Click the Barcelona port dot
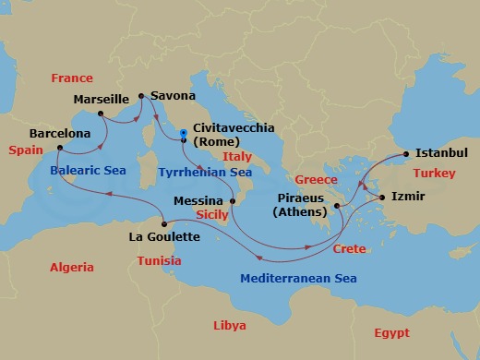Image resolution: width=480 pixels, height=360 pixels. coord(59,148)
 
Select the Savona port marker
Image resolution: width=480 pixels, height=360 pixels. coord(140,95)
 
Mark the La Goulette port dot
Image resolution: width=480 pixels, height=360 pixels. coord(164,223)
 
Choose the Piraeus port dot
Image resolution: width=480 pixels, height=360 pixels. coord(338,206)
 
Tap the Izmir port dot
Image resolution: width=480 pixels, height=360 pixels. coord(381,197)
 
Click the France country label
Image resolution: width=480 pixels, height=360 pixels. coord(72,78)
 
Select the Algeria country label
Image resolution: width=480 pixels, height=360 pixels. coord(72,268)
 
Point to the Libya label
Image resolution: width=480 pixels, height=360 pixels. coord(230,326)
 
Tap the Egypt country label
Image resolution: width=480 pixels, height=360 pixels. coord(391,332)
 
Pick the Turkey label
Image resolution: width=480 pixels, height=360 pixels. coord(434,173)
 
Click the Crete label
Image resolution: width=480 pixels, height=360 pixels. coord(350,249)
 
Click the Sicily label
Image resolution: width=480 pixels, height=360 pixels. coord(213,214)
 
